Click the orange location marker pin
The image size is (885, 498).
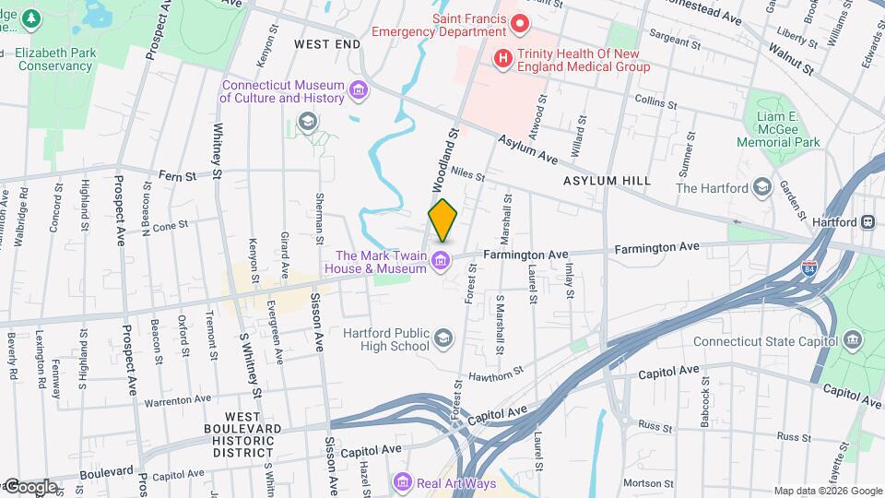(x=442, y=220)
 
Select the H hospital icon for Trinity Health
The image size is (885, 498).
(x=502, y=58)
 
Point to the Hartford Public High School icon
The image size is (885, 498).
(x=443, y=338)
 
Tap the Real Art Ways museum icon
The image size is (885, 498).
(x=401, y=482)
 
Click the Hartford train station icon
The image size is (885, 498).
(x=867, y=222)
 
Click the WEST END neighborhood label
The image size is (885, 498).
(x=326, y=44)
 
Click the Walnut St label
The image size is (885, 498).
(x=793, y=65)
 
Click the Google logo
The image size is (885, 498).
(x=29, y=487)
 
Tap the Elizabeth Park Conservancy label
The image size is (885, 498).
(x=55, y=59)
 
